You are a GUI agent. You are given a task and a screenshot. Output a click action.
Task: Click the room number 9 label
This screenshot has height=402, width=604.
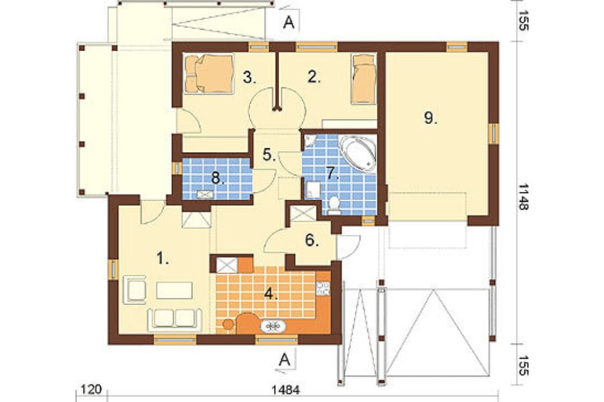tap(430, 118)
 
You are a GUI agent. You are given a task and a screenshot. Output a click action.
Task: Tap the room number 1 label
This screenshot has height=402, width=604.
tap(162, 258)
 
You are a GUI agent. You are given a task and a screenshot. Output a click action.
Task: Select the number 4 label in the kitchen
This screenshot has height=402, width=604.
tap(271, 294)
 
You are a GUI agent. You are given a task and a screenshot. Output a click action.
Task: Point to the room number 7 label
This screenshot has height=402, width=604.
tap(332, 173)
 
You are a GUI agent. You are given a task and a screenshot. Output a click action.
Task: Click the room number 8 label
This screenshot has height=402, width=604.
tap(218, 179)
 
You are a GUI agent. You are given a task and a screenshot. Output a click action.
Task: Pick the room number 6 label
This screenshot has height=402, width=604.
tap(312, 240)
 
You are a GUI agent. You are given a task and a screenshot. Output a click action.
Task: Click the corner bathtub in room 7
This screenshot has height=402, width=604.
tap(358, 153)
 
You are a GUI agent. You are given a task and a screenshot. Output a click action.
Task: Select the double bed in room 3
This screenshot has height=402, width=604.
tap(209, 74)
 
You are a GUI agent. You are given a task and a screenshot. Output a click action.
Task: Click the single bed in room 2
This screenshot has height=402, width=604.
tap(364, 78)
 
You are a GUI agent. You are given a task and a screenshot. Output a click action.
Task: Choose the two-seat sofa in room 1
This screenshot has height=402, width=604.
tap(175, 319)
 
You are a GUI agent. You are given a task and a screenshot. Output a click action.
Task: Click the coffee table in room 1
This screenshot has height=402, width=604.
tap(174, 290)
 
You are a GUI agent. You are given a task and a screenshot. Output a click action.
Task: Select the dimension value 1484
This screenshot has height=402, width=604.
tap(286, 390)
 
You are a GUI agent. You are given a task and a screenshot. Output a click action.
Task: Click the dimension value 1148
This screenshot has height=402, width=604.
tap(523, 197)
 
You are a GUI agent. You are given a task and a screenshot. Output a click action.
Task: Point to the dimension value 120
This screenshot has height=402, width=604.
tap(91, 389)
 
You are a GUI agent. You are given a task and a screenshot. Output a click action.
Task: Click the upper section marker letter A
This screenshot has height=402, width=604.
tap(289, 23)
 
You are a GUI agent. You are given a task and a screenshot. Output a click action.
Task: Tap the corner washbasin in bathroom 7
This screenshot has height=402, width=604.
tap(309, 141)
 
